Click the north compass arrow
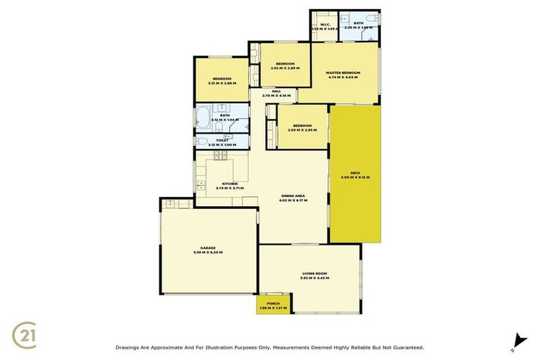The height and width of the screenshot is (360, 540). click(x=519, y=340)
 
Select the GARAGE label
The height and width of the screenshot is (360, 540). click(x=207, y=247)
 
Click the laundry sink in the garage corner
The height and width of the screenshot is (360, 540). click(x=169, y=204)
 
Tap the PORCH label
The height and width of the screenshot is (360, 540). click(x=273, y=303)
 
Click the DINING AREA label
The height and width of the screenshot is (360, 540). click(x=293, y=196)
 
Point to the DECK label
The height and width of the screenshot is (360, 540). click(x=355, y=172)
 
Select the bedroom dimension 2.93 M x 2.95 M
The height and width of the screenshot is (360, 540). click(x=303, y=130)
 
